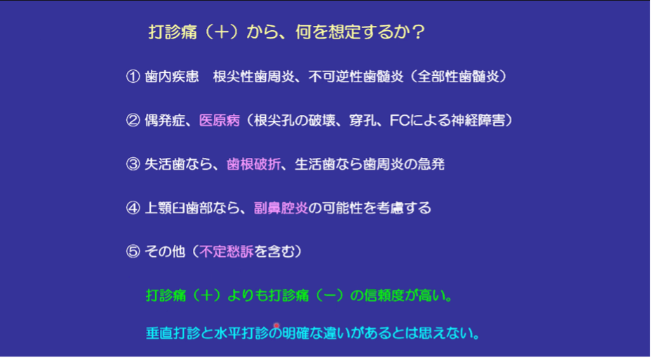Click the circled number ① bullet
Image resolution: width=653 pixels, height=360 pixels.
pyautogui.click(x=133, y=76)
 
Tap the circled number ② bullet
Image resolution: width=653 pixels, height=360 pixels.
pyautogui.click(x=133, y=121)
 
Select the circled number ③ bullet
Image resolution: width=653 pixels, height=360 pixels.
pyautogui.click(x=133, y=164)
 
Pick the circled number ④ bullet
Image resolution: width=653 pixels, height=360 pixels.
pyautogui.click(x=133, y=208)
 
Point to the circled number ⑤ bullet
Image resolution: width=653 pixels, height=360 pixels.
pyautogui.click(x=133, y=251)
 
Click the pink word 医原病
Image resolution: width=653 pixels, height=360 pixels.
pyautogui.click(x=220, y=121)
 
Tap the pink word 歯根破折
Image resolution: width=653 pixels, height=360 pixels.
pyautogui.click(x=254, y=164)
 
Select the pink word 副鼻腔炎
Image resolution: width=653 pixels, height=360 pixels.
pyautogui.click(x=281, y=208)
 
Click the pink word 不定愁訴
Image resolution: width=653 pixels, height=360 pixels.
pyautogui.click(x=227, y=251)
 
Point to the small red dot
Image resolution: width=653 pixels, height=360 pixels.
pyautogui.click(x=276, y=326)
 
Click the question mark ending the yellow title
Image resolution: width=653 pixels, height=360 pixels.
pyautogui.click(x=418, y=32)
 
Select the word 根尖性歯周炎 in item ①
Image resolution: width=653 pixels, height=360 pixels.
pyautogui.click(x=254, y=76)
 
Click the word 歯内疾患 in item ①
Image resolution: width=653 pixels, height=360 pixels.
pyautogui.click(x=172, y=76)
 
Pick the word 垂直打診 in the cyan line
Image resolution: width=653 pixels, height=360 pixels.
pyautogui.click(x=173, y=333)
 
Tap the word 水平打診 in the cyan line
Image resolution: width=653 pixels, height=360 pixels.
pyautogui.click(x=241, y=333)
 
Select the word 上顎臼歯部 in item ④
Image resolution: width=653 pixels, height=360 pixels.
pyautogui.click(x=179, y=208)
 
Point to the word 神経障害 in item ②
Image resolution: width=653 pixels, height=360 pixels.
pyautogui.click(x=478, y=121)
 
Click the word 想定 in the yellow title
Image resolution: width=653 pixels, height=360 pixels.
pyautogui.click(x=345, y=32)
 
